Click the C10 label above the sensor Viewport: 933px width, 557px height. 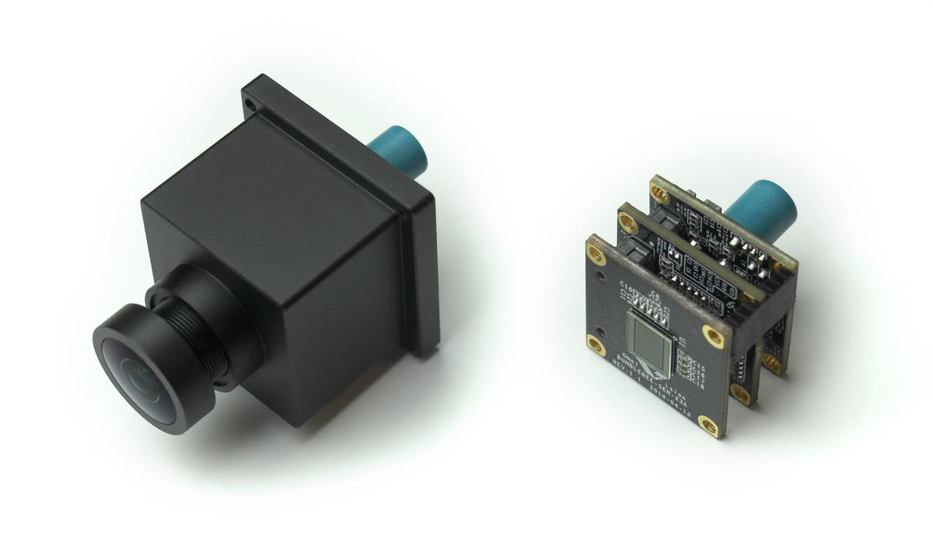coord(627,290)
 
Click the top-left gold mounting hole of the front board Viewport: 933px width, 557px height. coord(596,250)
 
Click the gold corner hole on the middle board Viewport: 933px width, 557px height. coord(628,213)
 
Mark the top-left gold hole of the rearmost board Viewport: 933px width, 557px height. coord(660,188)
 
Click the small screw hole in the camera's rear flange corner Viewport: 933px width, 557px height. coord(251,101)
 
